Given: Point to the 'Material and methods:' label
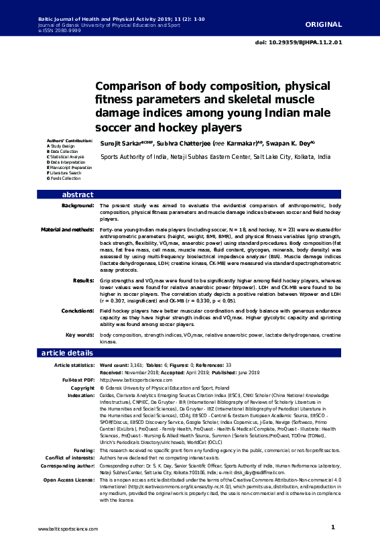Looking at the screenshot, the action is (x=67, y=229).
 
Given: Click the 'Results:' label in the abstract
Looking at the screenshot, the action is (x=82, y=279).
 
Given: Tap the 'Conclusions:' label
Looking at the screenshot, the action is (x=76, y=311).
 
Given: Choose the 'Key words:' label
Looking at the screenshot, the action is (x=79, y=335).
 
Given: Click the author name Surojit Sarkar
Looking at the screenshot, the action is (x=120, y=144).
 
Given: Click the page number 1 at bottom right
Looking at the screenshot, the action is (x=332, y=528).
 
